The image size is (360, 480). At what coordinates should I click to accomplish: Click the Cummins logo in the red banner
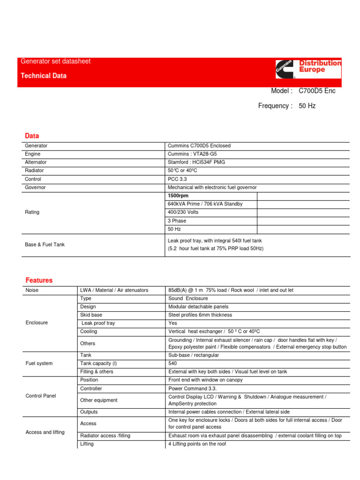pyautogui.click(x=286, y=69)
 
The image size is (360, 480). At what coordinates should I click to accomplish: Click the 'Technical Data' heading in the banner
pyautogui.click(x=44, y=76)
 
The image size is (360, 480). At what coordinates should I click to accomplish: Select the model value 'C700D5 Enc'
pyautogui.click(x=317, y=91)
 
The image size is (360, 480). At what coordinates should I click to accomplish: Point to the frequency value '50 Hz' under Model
pyautogui.click(x=307, y=106)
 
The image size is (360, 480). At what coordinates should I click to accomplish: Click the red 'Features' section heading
pyautogui.click(x=39, y=280)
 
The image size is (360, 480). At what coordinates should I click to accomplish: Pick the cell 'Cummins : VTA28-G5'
pyautogui.click(x=193, y=154)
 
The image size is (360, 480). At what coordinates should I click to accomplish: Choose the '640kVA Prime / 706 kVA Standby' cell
pyautogui.click(x=205, y=204)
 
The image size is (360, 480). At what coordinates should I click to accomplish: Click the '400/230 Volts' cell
pyautogui.click(x=183, y=212)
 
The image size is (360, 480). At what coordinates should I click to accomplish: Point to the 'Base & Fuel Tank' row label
pyautogui.click(x=45, y=244)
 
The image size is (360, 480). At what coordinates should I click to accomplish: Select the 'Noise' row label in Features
pyautogui.click(x=32, y=290)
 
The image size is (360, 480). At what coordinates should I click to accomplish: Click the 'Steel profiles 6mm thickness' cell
pyautogui.click(x=200, y=315)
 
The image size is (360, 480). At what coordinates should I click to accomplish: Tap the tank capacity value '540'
pyautogui.click(x=172, y=363)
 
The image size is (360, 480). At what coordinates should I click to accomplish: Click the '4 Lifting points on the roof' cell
pyautogui.click(x=197, y=443)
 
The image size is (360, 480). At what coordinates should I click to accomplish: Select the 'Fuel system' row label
pyautogui.click(x=39, y=363)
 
